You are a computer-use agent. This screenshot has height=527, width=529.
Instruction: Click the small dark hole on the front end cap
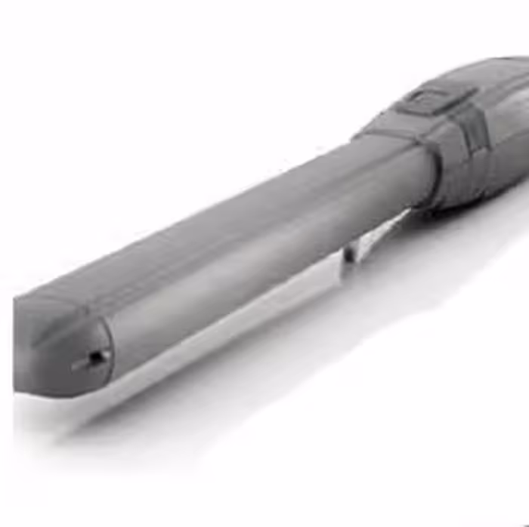pyautogui.click(x=97, y=357)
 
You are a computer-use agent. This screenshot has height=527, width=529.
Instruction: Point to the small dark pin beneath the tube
pyautogui.click(x=348, y=253)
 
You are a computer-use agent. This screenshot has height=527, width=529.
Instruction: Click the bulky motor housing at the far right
pyautogui.click(x=499, y=128)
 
